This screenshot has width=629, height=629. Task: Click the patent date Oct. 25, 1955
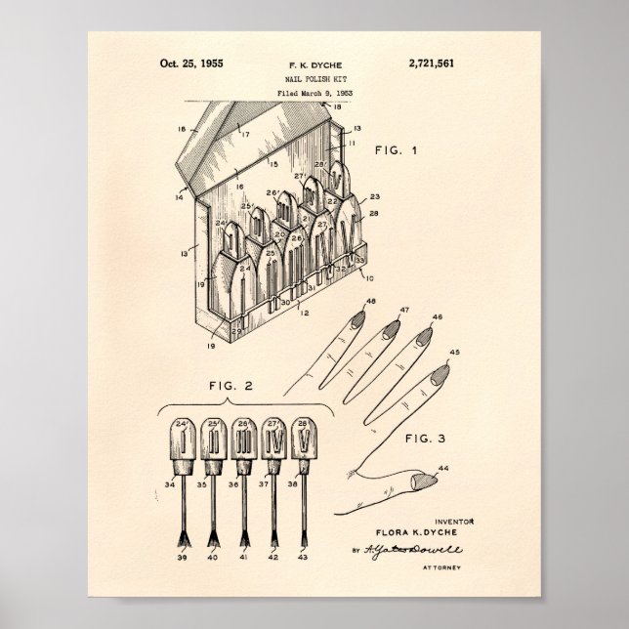[x=191, y=63]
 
